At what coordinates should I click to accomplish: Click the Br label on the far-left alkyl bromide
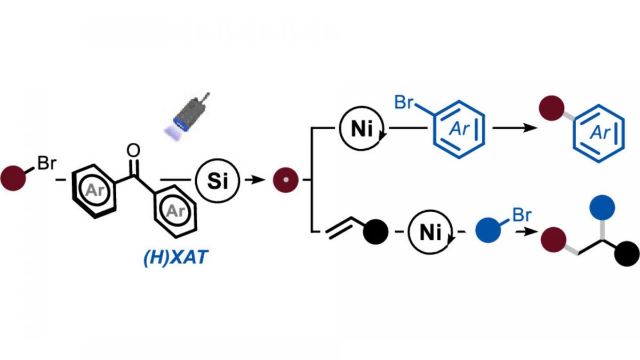(x=45, y=164)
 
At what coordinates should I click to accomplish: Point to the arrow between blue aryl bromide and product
(x=509, y=129)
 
